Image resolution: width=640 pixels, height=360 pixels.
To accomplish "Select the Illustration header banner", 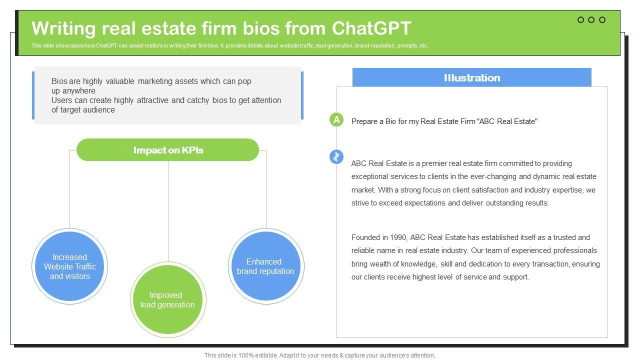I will (471, 77).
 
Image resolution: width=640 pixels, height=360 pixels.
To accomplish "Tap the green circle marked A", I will (336, 119).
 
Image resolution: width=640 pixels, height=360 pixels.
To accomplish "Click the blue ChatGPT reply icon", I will (336, 156).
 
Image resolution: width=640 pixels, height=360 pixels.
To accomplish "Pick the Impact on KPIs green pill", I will (168, 150).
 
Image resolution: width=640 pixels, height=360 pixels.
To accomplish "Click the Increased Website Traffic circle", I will (69, 266).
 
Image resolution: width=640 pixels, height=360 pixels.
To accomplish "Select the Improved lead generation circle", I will (168, 300).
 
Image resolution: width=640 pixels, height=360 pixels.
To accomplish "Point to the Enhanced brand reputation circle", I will (265, 266).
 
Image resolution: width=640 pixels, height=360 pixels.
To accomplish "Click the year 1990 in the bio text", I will (400, 237).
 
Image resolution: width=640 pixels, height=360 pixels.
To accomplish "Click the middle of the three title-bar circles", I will (591, 20).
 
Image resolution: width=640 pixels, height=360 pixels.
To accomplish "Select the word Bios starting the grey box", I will (60, 81).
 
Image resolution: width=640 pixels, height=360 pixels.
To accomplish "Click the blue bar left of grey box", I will (33, 95).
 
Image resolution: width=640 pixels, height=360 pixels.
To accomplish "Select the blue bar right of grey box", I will (302, 95).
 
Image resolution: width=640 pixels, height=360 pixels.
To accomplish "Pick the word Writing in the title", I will (63, 28).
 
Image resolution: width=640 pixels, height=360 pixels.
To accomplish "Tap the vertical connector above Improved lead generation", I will (168, 210).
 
